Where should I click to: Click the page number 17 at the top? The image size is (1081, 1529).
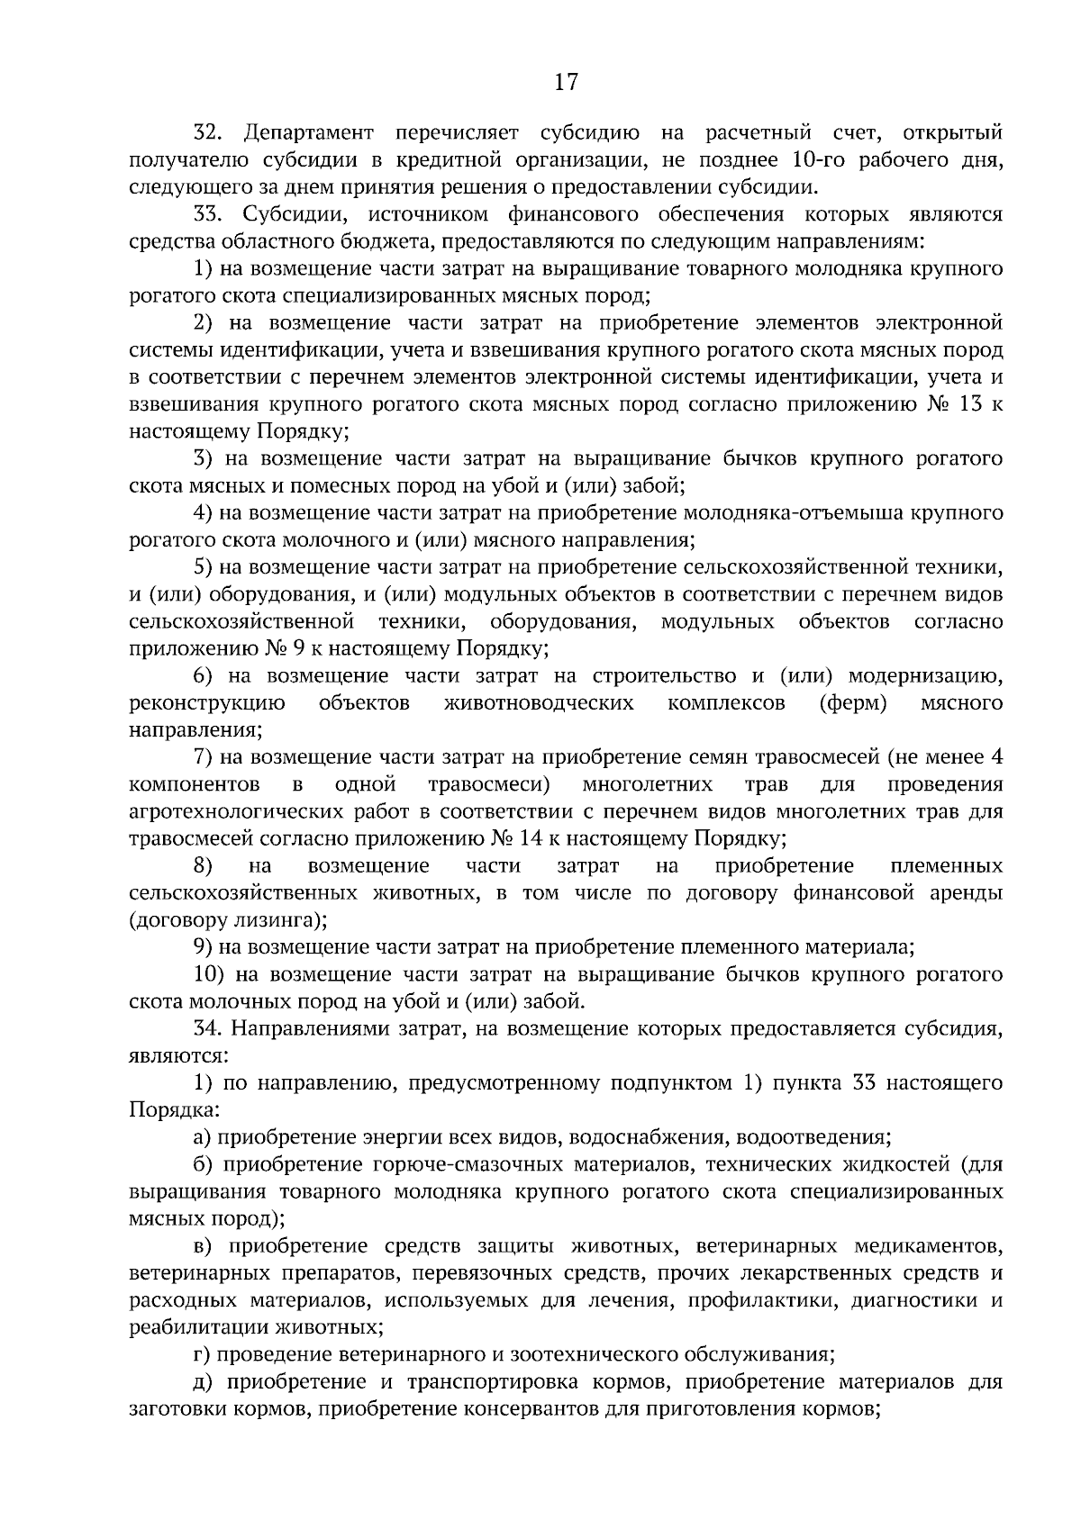pos(565,83)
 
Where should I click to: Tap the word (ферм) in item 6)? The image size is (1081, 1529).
pos(852,702)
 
